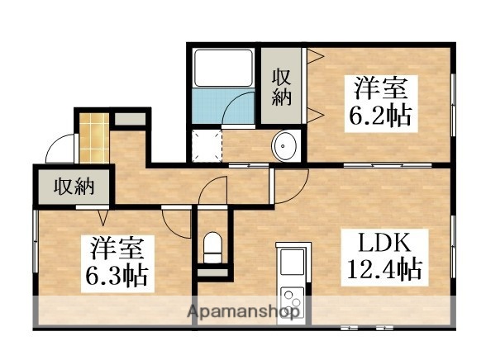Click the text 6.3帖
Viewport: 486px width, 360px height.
[119, 274]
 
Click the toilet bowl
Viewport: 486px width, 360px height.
[213, 245]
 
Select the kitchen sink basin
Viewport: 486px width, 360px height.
[293, 262]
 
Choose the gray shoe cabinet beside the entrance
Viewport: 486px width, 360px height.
[128, 119]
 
